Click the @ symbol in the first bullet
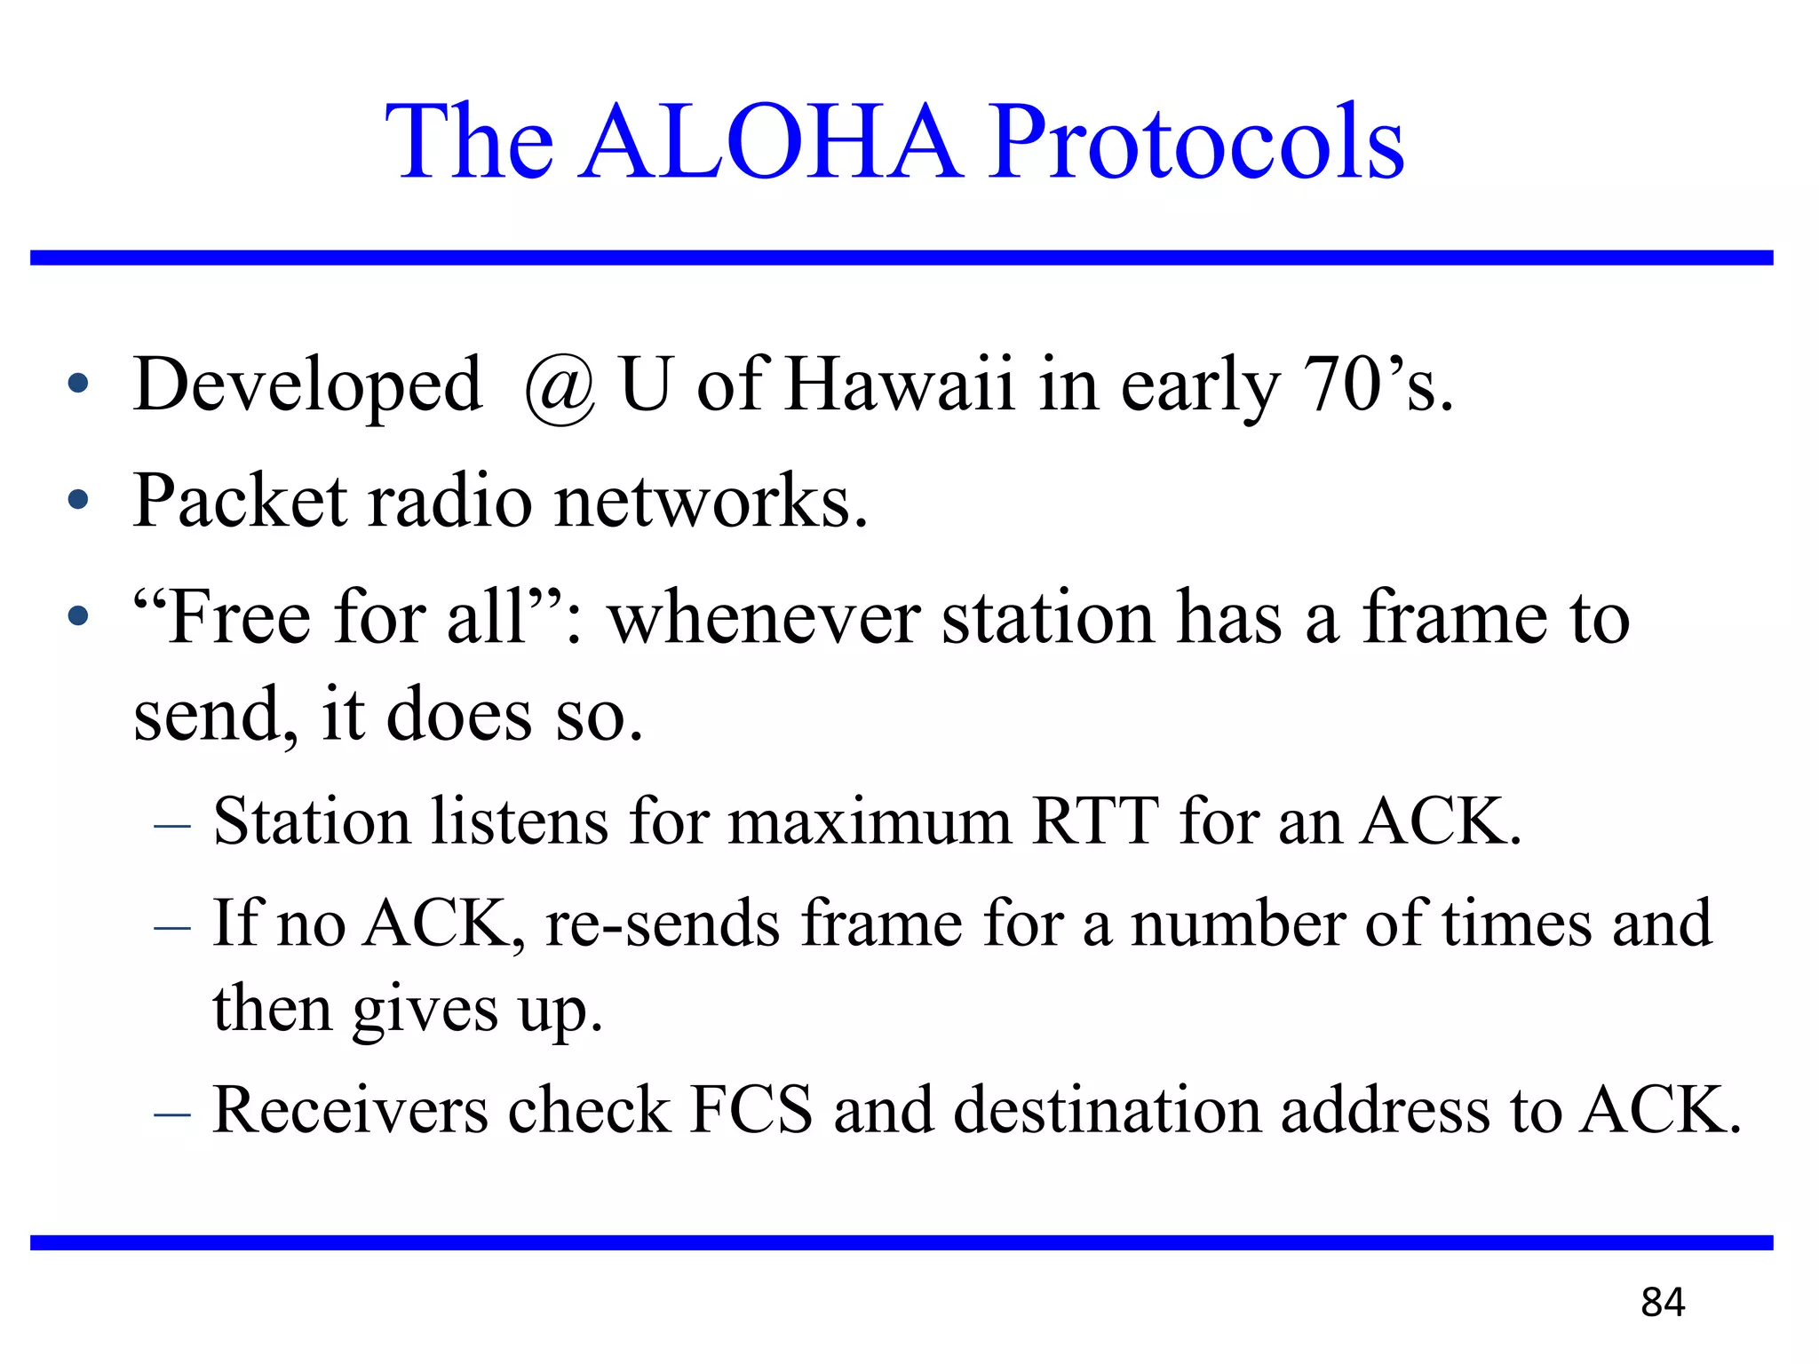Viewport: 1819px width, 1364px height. (x=560, y=389)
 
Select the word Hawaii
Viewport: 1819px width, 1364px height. (x=900, y=385)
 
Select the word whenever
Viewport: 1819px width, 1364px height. (x=764, y=619)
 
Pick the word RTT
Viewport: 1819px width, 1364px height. (x=1095, y=821)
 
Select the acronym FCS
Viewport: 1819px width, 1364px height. (x=751, y=1110)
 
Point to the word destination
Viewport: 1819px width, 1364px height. (x=1107, y=1110)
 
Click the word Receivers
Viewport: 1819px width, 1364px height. (x=351, y=1110)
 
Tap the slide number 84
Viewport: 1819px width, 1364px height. (x=1663, y=1303)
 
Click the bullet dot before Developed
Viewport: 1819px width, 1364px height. (x=78, y=384)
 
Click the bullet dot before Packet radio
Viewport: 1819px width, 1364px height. (x=78, y=499)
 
